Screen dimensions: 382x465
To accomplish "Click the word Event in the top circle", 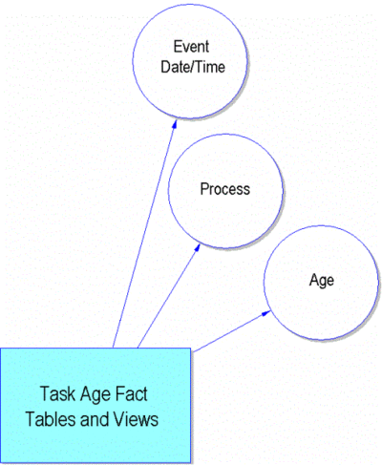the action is pyautogui.click(x=191, y=47).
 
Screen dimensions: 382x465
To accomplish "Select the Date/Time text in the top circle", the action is pyautogui.click(x=193, y=67).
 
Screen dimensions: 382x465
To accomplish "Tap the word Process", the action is pyautogui.click(x=224, y=189).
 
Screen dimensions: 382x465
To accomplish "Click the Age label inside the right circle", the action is pyautogui.click(x=322, y=281).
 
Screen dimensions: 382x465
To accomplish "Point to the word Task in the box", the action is pyautogui.click(x=58, y=394).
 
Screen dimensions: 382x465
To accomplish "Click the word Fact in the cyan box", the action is pyautogui.click(x=131, y=394).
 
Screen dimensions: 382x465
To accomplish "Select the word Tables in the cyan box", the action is pyautogui.click(x=51, y=419).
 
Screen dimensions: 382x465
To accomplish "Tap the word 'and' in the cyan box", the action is pyautogui.click(x=95, y=419).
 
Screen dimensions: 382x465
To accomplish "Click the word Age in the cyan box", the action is pyautogui.click(x=95, y=395).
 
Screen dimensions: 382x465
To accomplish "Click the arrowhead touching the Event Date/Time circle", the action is pyautogui.click(x=174, y=124).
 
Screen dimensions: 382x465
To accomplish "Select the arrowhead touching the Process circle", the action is pyautogui.click(x=198, y=247).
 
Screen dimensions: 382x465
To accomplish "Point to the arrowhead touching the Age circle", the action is pyautogui.click(x=265, y=313).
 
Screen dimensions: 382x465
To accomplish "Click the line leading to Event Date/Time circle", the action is pyautogui.click(x=144, y=234).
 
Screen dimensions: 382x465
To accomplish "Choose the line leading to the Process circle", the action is pyautogui.click(x=169, y=296).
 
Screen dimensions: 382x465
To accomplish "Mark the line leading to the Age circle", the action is pyautogui.click(x=232, y=331).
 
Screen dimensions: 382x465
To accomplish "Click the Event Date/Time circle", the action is pyautogui.click(x=133, y=61).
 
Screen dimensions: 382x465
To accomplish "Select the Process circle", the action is pyautogui.click(x=168, y=191).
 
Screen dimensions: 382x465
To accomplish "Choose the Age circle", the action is pyautogui.click(x=264, y=283).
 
